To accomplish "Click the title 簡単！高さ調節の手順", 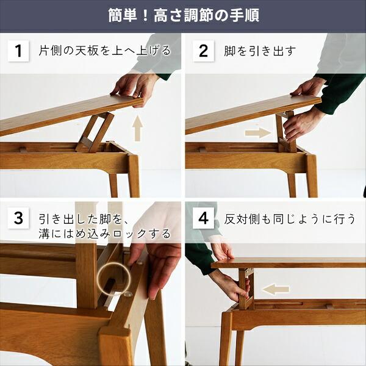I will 183,15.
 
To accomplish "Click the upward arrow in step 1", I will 138,130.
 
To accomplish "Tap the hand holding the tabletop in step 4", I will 221,250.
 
